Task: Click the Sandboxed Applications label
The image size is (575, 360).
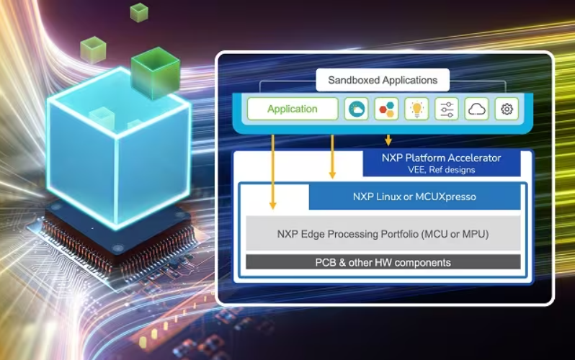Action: tap(383, 80)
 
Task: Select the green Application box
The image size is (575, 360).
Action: tap(292, 109)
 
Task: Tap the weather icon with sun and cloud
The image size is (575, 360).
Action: tap(357, 109)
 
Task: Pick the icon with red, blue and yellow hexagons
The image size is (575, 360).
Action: tap(387, 109)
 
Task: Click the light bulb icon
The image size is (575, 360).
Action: tap(416, 109)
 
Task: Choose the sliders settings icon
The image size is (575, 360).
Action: tap(447, 109)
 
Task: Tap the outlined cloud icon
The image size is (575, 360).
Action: tap(477, 109)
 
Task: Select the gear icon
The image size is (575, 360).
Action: tap(507, 109)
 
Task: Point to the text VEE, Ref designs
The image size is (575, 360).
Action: tap(441, 170)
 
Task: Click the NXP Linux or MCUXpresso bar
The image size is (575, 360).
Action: tap(414, 197)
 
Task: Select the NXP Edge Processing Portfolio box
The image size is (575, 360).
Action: tap(383, 233)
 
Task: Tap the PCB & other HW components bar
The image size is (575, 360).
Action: tap(383, 262)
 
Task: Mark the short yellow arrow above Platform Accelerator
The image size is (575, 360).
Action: tap(388, 139)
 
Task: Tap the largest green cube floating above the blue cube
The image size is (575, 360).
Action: tap(155, 72)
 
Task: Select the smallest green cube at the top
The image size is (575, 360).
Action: tap(138, 12)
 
